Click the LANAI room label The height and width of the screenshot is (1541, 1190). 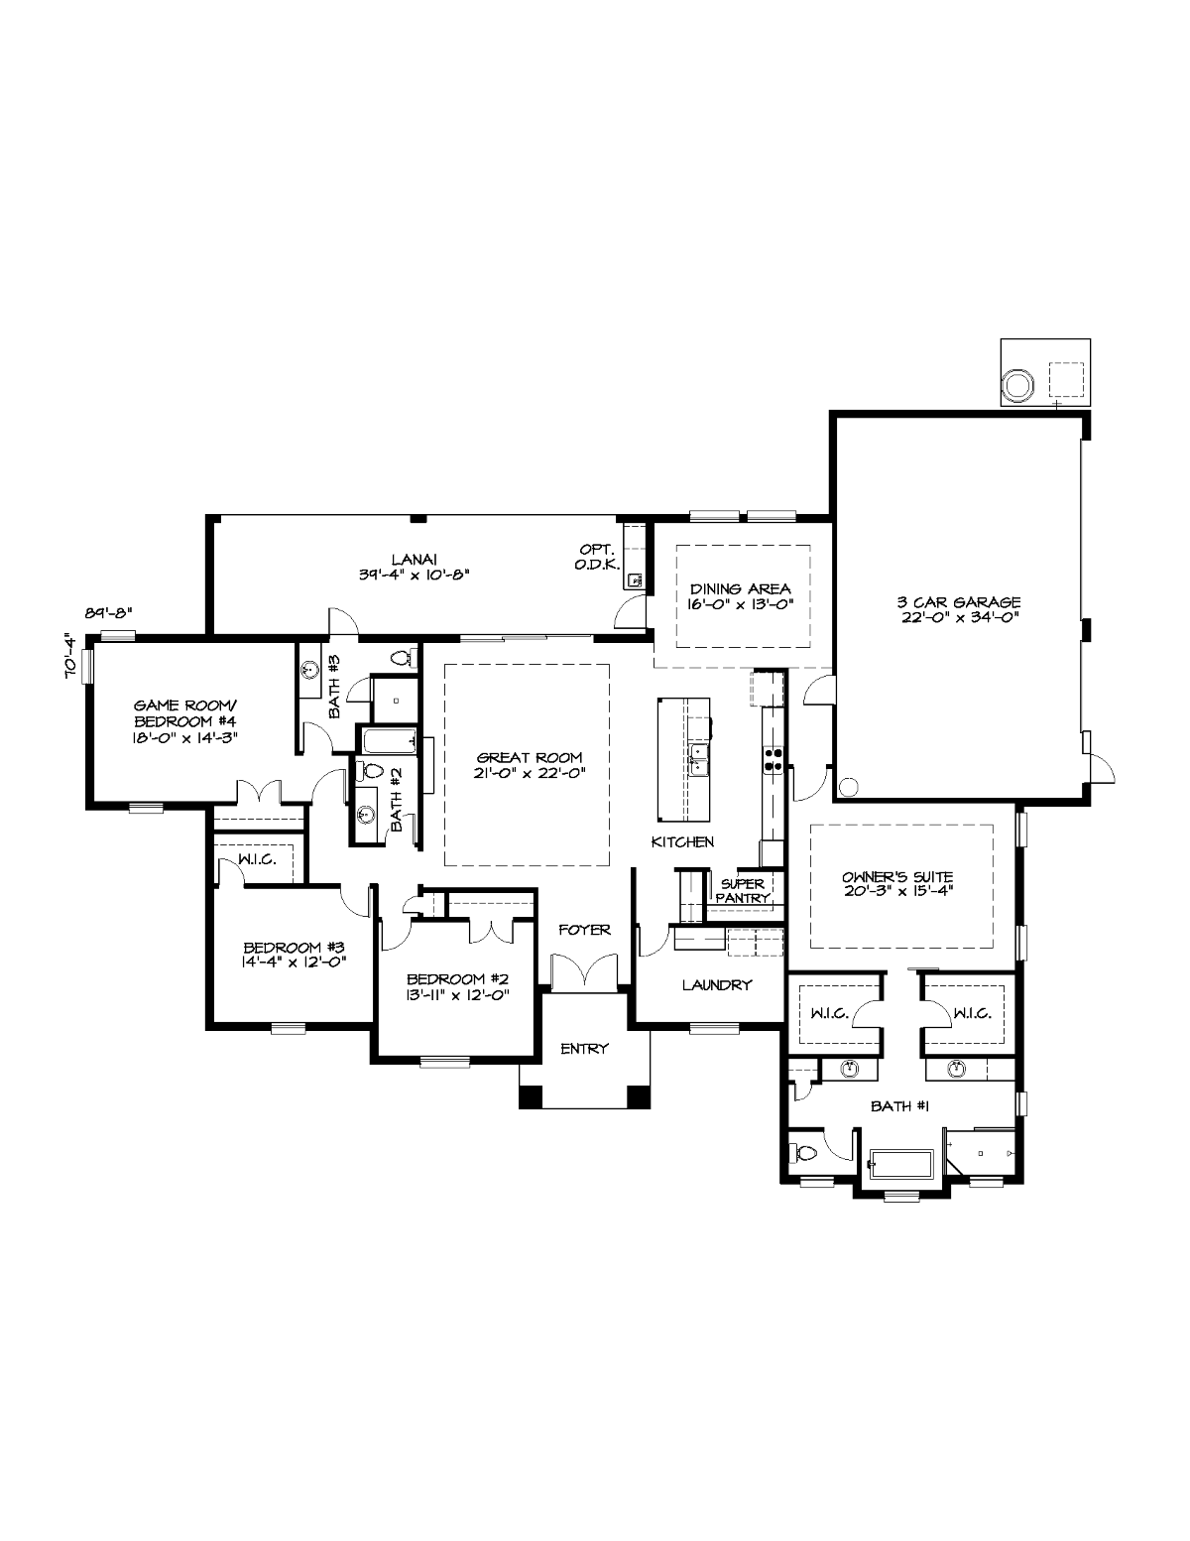pyautogui.click(x=413, y=559)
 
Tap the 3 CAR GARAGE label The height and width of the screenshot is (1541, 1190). pyautogui.click(x=959, y=602)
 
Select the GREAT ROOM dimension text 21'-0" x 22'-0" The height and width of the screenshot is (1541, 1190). pyautogui.click(x=529, y=774)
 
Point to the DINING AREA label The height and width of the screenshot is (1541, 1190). pyautogui.click(x=741, y=589)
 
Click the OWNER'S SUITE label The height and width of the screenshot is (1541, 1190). pyautogui.click(x=898, y=877)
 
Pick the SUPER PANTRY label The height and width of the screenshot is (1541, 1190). pyautogui.click(x=742, y=891)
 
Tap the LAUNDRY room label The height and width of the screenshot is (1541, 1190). pyautogui.click(x=717, y=985)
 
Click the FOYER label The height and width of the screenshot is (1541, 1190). pyautogui.click(x=584, y=930)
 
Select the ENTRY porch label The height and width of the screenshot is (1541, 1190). pyautogui.click(x=584, y=1049)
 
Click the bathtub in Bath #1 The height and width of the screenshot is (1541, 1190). pyautogui.click(x=900, y=1165)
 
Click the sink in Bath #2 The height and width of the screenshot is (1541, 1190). pyautogui.click(x=366, y=814)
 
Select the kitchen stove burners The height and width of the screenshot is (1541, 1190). pyautogui.click(x=773, y=759)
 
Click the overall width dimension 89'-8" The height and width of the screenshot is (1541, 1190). pyautogui.click(x=109, y=612)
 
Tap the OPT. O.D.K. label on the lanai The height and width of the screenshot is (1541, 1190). pyautogui.click(x=598, y=557)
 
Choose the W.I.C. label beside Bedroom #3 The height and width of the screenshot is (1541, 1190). pyautogui.click(x=257, y=859)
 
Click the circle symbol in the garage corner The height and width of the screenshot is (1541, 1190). pyautogui.click(x=849, y=787)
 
